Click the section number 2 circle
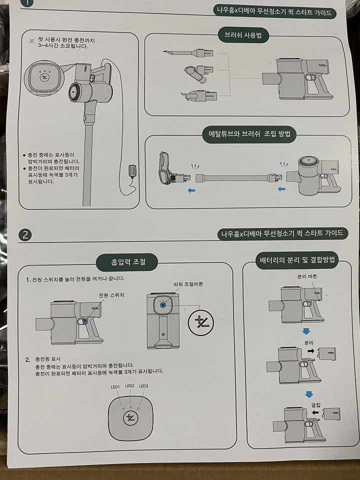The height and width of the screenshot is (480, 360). (25, 235)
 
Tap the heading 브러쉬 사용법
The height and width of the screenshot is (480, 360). (243, 35)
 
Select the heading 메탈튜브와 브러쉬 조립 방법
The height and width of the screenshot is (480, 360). (249, 134)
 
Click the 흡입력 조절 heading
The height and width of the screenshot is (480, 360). (128, 262)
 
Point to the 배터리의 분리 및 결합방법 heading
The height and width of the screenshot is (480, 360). (297, 260)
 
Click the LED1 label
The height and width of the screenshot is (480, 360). (115, 387)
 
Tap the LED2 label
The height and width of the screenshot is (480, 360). (129, 385)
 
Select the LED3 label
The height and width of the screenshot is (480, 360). (143, 386)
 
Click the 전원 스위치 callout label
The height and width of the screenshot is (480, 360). (111, 295)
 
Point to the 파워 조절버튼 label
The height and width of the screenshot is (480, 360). (188, 284)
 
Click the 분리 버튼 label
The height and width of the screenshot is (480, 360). (307, 276)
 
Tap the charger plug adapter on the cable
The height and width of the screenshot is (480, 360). (132, 171)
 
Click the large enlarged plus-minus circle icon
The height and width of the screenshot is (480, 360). (200, 322)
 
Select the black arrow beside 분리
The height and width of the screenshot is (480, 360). (311, 351)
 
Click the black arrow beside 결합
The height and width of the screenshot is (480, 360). (315, 412)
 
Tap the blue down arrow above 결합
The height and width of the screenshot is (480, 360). (309, 394)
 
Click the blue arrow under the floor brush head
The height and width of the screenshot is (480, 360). (191, 190)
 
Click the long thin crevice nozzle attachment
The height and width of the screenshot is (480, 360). (188, 53)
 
